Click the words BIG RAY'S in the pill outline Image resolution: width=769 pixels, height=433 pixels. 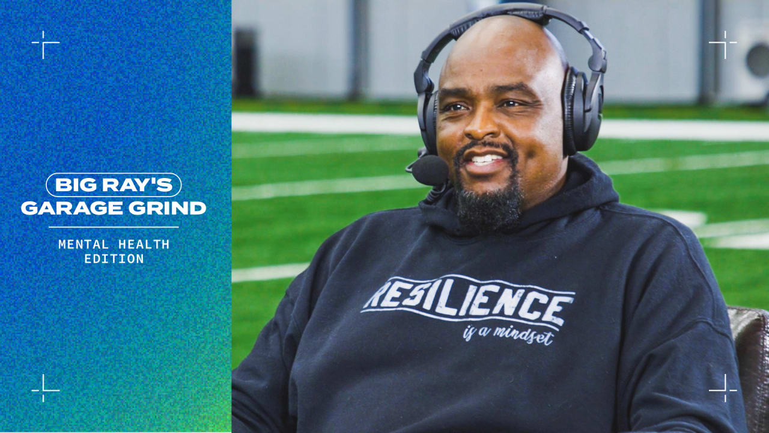tap(114, 185)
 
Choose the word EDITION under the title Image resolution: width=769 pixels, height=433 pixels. tap(114, 259)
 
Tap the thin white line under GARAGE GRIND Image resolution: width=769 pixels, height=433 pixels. tap(114, 227)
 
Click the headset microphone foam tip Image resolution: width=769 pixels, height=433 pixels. tap(430, 170)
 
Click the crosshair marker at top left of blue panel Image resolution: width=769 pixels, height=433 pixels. tap(46, 45)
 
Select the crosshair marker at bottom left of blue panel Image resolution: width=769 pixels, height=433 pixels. tap(46, 388)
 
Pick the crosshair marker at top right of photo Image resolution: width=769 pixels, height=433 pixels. tap(723, 45)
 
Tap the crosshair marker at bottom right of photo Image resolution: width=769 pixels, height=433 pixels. tap(723, 388)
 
